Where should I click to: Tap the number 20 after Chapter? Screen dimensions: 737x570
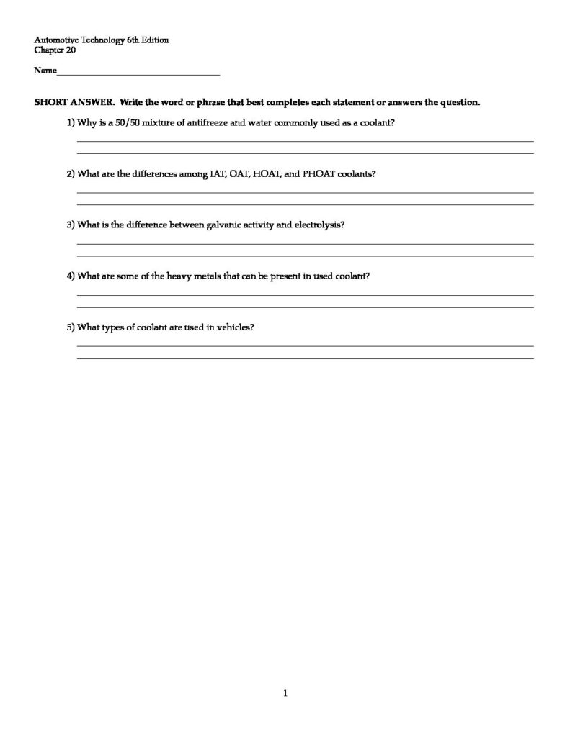(x=71, y=50)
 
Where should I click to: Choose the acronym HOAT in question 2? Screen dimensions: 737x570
(x=265, y=174)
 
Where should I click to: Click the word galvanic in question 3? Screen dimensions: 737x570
(x=220, y=225)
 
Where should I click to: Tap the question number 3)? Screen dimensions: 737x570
(x=71, y=225)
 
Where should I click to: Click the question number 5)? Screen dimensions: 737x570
(x=71, y=327)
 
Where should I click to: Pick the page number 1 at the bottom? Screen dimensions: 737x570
(x=285, y=694)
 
